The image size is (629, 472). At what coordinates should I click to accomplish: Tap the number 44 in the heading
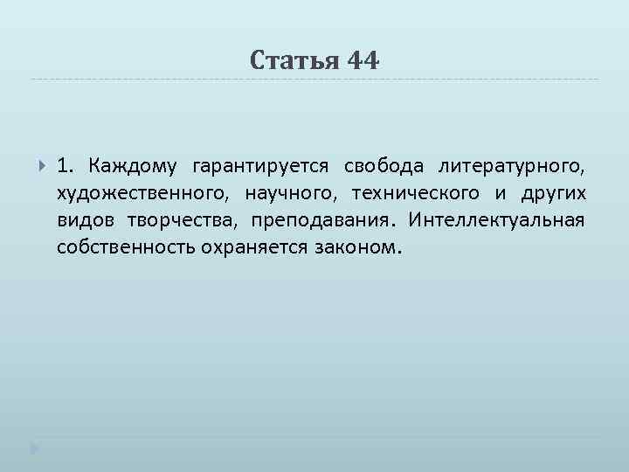(363, 60)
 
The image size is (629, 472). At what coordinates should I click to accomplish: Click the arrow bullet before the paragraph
(40, 165)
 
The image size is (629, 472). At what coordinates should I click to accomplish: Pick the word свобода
(384, 165)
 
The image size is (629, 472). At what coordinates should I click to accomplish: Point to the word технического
(417, 192)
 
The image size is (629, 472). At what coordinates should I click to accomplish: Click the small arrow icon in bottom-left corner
(34, 449)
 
